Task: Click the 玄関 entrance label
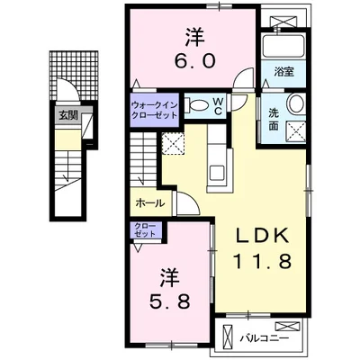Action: point(68,115)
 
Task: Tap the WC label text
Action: point(218,106)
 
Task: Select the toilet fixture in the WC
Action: point(197,105)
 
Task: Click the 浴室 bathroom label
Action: point(283,72)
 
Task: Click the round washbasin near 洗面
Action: point(296,103)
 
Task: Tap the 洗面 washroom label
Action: point(273,120)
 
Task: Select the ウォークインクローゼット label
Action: point(154,110)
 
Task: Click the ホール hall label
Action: point(150,203)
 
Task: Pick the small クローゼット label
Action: point(145,230)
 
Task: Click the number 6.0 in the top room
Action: point(194,61)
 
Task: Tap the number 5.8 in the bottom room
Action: point(170,301)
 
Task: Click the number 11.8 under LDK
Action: point(262,260)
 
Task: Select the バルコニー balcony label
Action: point(265,338)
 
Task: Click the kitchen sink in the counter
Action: point(217,175)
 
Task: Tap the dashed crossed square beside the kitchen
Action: point(173,143)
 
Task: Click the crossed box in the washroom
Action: point(295,131)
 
